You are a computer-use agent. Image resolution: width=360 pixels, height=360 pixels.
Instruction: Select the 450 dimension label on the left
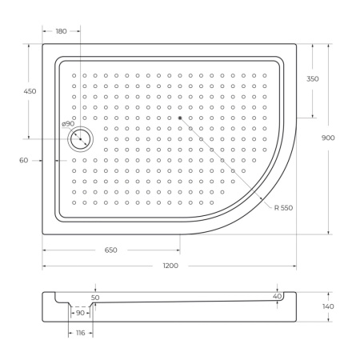[x=30, y=91]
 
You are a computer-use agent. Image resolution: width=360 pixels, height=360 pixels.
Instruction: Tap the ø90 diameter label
[x=68, y=124]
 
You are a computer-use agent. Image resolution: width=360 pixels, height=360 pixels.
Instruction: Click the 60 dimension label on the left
[x=24, y=160]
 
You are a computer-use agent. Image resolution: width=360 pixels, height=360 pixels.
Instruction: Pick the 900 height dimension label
[x=328, y=138]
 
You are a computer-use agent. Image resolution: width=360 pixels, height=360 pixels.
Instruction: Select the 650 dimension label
[x=110, y=250]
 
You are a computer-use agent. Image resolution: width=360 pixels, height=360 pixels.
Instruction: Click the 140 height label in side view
[x=328, y=306]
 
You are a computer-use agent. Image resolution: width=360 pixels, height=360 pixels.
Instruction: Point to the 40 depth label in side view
[x=277, y=296]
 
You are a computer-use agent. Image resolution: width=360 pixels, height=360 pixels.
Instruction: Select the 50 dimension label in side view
[x=95, y=297]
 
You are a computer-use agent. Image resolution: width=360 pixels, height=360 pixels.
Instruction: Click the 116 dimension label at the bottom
[x=80, y=332]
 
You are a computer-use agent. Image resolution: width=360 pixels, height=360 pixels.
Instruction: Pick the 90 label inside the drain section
[x=80, y=313]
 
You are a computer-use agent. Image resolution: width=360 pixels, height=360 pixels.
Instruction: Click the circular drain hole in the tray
[x=81, y=139]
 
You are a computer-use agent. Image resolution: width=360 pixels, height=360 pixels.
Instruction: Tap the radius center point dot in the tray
[x=180, y=118]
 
